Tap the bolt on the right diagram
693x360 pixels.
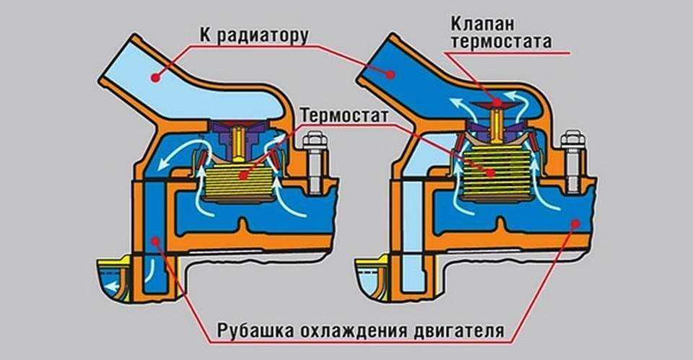pyautogui.click(x=572, y=162)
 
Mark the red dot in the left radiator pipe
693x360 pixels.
pyautogui.click(x=154, y=74)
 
